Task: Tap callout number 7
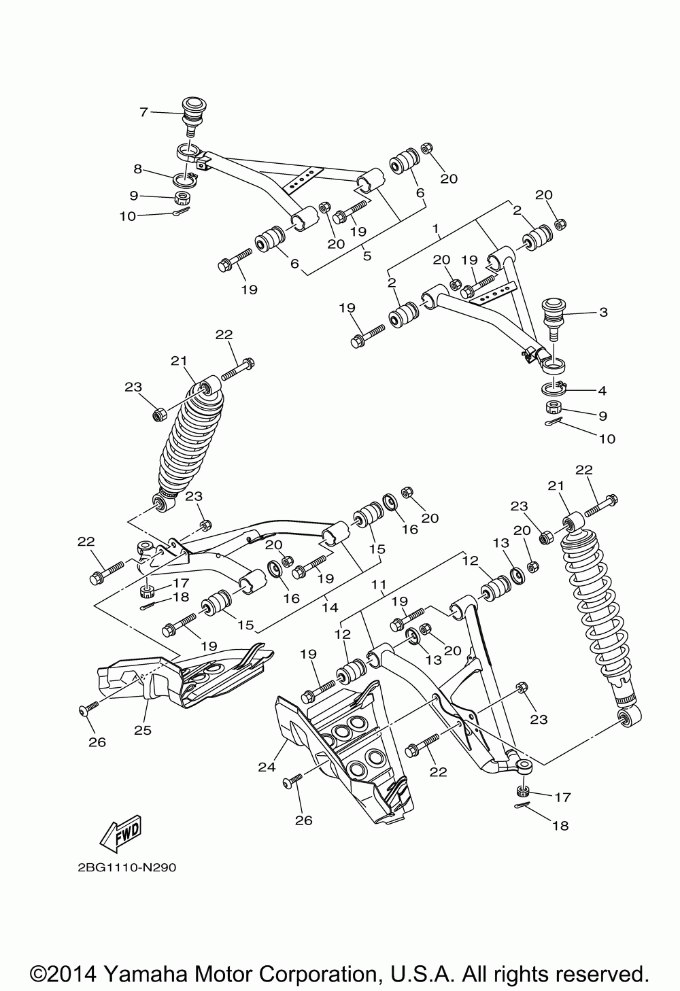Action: [x=143, y=112]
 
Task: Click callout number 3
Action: [x=603, y=313]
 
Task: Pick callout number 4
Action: [x=602, y=391]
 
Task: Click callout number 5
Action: [x=367, y=256]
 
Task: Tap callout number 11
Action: [x=379, y=584]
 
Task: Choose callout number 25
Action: [x=143, y=731]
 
